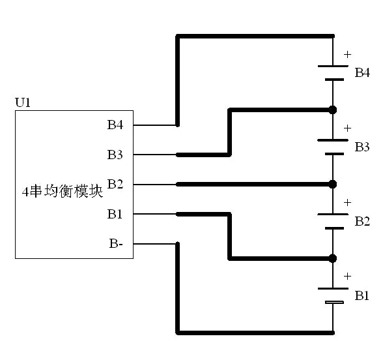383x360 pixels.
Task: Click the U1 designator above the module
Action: (22, 102)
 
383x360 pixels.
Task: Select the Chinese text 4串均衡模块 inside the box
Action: (63, 192)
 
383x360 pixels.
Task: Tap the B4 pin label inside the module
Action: (115, 125)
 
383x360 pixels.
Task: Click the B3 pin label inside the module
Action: (115, 155)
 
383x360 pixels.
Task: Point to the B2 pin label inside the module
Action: (115, 184)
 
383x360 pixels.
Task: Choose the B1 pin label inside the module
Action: (115, 213)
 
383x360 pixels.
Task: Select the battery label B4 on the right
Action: (362, 72)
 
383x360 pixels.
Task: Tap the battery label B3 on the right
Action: (362, 147)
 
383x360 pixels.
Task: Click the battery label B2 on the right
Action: (362, 222)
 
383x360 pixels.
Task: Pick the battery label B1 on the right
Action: (362, 296)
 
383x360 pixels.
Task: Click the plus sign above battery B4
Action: (347, 54)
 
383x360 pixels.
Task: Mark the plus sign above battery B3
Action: (347, 128)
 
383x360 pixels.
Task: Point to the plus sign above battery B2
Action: (347, 202)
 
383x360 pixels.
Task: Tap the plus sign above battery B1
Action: (347, 277)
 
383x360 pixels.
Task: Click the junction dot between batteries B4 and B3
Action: (333, 110)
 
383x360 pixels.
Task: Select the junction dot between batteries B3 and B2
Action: (333, 184)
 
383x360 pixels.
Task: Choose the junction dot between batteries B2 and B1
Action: (333, 258)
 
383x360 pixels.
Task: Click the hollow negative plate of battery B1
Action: (333, 303)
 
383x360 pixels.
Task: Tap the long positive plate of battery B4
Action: (333, 65)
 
